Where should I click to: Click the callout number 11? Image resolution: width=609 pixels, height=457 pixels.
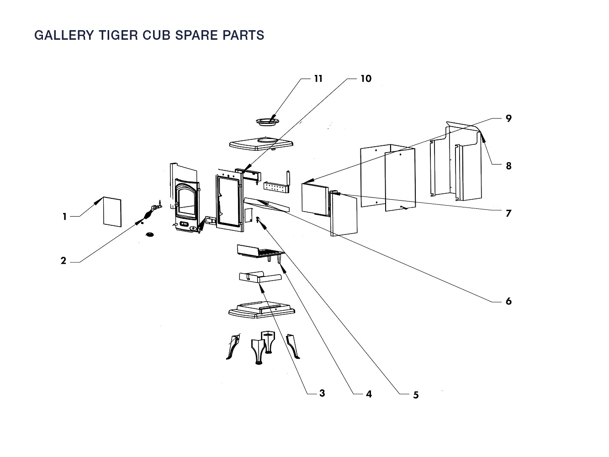pos(318,79)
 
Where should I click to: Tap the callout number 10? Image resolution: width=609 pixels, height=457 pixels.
pos(366,79)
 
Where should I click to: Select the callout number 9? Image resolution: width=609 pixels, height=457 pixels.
pos(508,118)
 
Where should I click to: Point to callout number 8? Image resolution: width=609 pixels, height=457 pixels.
pos(508,166)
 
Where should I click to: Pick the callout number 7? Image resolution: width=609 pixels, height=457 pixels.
pos(508,213)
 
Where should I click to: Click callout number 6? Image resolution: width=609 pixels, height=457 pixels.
pos(508,301)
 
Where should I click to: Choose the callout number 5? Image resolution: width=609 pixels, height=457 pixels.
pos(416,395)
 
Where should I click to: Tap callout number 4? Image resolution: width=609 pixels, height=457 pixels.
pos(369,394)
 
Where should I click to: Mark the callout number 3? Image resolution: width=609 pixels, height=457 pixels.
pos(322,393)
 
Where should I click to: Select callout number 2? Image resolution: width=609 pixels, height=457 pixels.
pos(64,261)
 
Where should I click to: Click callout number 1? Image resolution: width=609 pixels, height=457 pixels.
pos(65,217)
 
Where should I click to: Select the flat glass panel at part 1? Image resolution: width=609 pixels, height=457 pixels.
pos(112,212)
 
